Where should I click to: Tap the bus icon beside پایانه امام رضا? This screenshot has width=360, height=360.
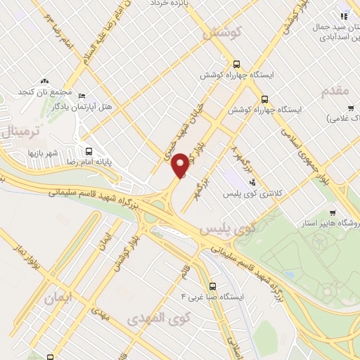tap(89, 150)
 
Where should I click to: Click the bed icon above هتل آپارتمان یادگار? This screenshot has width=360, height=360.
tap(82, 96)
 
